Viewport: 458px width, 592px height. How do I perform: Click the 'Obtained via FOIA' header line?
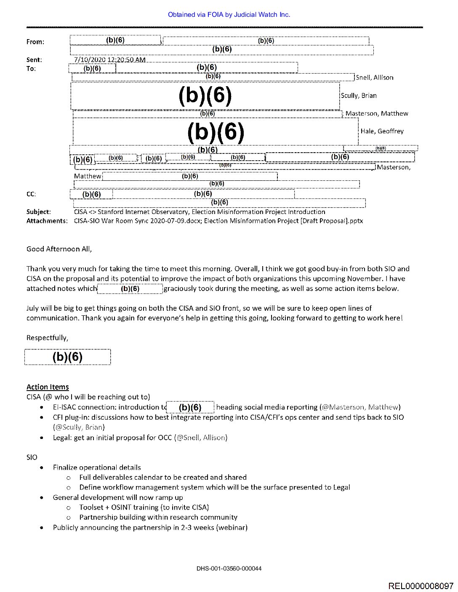229,15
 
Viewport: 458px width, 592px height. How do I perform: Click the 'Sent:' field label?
34,60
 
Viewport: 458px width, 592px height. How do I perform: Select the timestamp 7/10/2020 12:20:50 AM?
109,60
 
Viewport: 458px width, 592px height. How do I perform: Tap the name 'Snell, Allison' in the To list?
375,78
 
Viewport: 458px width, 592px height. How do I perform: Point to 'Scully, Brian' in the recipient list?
359,96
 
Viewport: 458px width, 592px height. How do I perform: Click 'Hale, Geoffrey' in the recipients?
382,131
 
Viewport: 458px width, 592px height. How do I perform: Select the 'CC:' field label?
31,194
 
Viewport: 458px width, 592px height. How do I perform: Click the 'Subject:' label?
38,212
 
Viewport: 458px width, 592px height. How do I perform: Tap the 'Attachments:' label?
47,221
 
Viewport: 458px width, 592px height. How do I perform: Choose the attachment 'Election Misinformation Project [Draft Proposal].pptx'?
283,221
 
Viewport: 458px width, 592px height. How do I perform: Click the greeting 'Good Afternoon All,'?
59,249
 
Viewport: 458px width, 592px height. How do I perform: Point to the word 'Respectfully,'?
47,338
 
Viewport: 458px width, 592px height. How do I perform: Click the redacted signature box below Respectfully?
67,357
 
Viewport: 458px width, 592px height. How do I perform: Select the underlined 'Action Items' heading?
48,387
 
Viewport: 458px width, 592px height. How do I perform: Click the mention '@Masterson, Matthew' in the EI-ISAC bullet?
360,407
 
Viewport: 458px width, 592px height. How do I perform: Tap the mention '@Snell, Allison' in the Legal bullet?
201,438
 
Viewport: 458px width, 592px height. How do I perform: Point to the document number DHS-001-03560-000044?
229,568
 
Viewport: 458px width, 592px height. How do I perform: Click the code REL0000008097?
421,586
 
